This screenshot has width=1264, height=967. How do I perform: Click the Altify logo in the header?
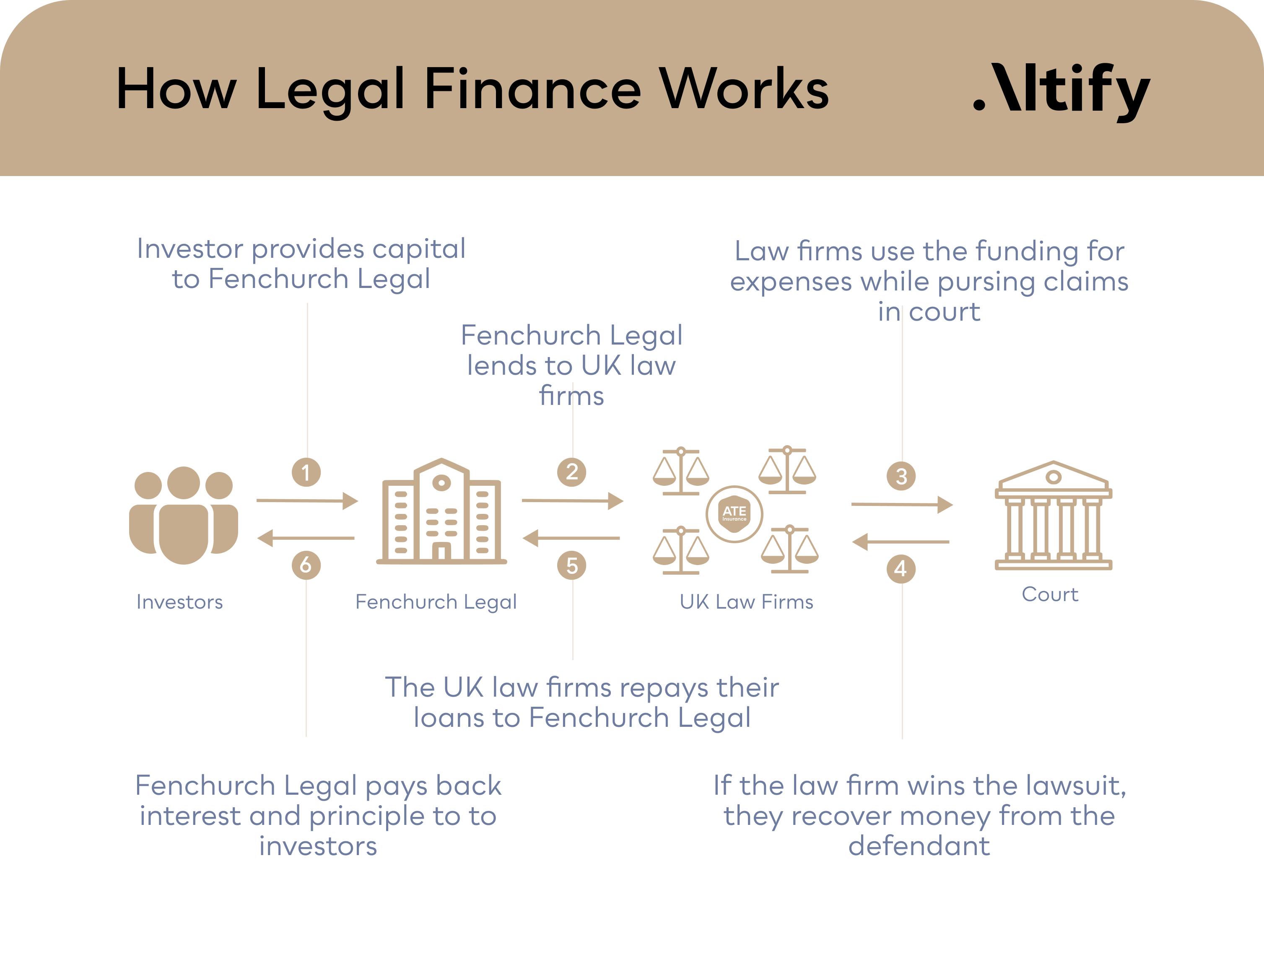(1062, 91)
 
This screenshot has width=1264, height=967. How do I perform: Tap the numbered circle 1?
(306, 472)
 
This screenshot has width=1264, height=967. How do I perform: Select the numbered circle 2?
(571, 472)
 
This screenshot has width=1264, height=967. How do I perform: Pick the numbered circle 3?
(901, 476)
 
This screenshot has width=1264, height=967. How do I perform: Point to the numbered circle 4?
(901, 569)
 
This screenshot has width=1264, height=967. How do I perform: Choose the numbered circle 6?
(306, 565)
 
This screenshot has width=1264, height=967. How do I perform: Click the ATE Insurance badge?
(735, 513)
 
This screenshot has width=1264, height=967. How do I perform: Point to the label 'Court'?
(1050, 594)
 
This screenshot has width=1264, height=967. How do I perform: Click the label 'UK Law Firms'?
(747, 601)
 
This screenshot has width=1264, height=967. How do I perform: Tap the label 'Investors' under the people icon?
(179, 601)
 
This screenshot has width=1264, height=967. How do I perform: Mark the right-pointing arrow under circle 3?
(901, 505)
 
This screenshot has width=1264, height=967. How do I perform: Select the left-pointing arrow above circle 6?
(306, 538)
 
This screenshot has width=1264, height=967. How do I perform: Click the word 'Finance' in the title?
(532, 89)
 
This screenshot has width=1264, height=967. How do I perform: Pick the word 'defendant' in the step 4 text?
(919, 845)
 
